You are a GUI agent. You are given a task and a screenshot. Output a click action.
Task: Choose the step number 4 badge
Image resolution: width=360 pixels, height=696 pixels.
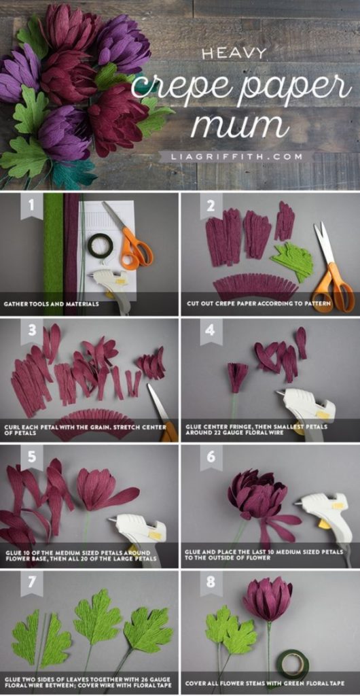211,332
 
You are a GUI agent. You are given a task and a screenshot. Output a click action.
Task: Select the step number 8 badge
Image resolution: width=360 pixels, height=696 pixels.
211,584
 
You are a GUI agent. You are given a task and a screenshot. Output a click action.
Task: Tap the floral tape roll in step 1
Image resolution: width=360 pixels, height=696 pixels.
101,245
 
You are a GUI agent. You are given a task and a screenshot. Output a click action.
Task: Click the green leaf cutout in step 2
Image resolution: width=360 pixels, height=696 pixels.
293,262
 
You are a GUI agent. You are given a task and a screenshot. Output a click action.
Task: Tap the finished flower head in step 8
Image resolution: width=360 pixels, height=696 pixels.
268,599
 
